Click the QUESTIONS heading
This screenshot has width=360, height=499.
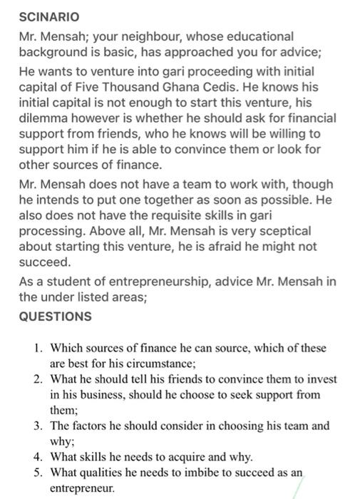click(55, 316)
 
